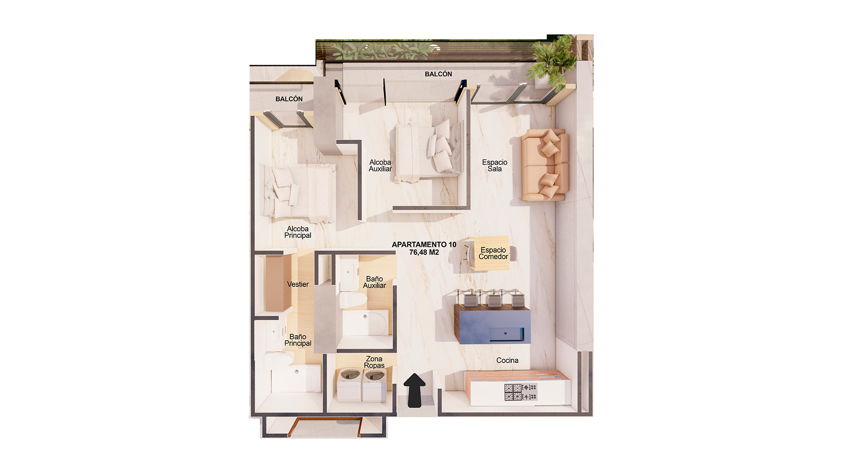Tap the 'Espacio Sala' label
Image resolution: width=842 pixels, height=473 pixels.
pos(494,166)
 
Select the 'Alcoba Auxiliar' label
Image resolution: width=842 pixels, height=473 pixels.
pos(380,166)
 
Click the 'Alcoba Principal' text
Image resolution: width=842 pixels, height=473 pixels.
pos(297,232)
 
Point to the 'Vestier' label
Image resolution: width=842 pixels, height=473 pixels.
pos(298,284)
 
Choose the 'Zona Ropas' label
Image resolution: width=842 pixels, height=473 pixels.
pos(374,362)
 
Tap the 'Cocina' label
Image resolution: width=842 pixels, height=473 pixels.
pos(507,360)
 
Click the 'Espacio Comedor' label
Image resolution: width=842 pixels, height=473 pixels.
pos(493,254)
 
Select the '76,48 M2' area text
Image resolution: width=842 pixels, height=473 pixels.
pos(424,252)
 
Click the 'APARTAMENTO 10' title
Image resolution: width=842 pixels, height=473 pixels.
pos(424,244)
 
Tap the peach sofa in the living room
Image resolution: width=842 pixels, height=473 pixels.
pos(544,165)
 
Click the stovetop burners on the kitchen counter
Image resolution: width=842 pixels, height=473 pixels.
pos(520,392)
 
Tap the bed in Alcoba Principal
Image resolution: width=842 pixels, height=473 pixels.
pos(298,193)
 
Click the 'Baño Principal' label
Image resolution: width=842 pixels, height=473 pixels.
pos(297,340)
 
